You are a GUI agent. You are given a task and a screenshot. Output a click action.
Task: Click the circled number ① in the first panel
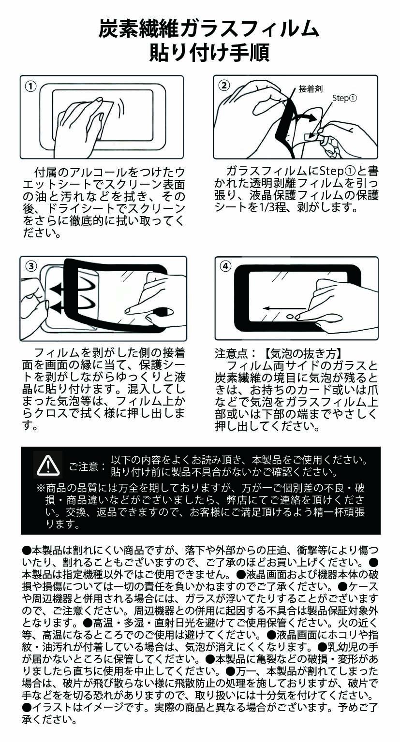pyautogui.click(x=30, y=87)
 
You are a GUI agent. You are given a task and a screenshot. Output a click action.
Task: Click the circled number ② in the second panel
pyautogui.click(x=224, y=86)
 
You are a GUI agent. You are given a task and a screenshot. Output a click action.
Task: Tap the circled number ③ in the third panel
pyautogui.click(x=31, y=266)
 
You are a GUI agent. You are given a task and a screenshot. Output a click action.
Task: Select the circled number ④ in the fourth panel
pyautogui.click(x=225, y=266)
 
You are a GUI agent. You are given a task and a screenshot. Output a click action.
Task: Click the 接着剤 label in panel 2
pyautogui.click(x=311, y=89)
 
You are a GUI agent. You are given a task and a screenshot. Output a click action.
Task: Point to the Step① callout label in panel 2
pyautogui.click(x=345, y=98)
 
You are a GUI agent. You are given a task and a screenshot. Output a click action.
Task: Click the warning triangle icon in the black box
pyautogui.click(x=48, y=465)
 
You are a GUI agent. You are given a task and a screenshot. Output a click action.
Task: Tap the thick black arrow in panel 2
pyautogui.click(x=305, y=117)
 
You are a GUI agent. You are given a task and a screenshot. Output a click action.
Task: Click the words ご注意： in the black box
pyautogui.click(x=88, y=466)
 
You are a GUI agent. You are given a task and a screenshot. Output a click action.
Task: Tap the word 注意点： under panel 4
pyautogui.click(x=235, y=354)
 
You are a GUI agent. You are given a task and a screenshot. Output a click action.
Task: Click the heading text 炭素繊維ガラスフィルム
pyautogui.click(x=209, y=29)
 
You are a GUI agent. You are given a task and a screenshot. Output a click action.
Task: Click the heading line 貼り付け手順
pyautogui.click(x=209, y=52)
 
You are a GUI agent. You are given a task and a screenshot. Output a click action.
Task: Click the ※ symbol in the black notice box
pyautogui.click(x=41, y=488)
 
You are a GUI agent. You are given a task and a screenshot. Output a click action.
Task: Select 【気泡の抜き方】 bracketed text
pyautogui.click(x=303, y=354)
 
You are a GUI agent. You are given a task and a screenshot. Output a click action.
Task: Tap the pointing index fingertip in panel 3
pyautogui.click(x=128, y=311)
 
